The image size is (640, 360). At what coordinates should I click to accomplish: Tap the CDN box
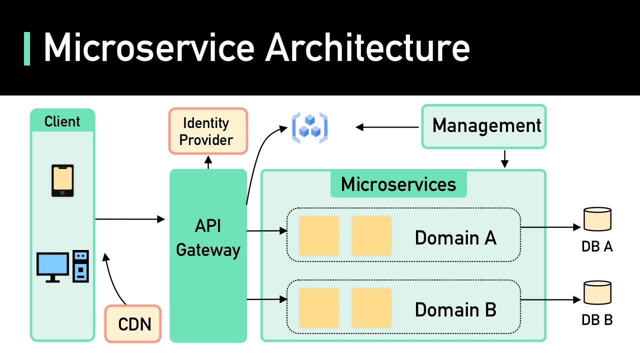(133, 324)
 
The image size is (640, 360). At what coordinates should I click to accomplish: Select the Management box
(483, 126)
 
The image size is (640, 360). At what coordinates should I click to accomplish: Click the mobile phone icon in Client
(63, 180)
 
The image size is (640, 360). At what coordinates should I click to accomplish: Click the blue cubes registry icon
(309, 127)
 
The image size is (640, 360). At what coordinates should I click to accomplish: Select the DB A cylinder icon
(597, 219)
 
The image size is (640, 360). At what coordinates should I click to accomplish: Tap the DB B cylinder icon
(597, 293)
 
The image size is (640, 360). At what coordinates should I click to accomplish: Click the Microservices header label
(398, 184)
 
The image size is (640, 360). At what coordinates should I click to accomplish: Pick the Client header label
(62, 121)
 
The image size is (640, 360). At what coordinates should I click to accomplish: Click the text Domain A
(455, 238)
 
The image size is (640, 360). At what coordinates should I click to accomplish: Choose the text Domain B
(455, 310)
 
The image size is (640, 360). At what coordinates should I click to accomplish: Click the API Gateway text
(208, 238)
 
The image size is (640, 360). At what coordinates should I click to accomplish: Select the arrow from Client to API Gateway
(130, 219)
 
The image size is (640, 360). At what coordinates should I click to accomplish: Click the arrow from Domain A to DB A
(550, 227)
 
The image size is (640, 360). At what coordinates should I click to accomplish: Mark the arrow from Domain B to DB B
(550, 300)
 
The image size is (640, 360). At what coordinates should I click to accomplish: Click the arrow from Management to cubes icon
(387, 127)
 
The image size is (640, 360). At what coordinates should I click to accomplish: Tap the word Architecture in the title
(367, 47)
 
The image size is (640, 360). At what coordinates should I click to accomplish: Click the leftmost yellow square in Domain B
(319, 307)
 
